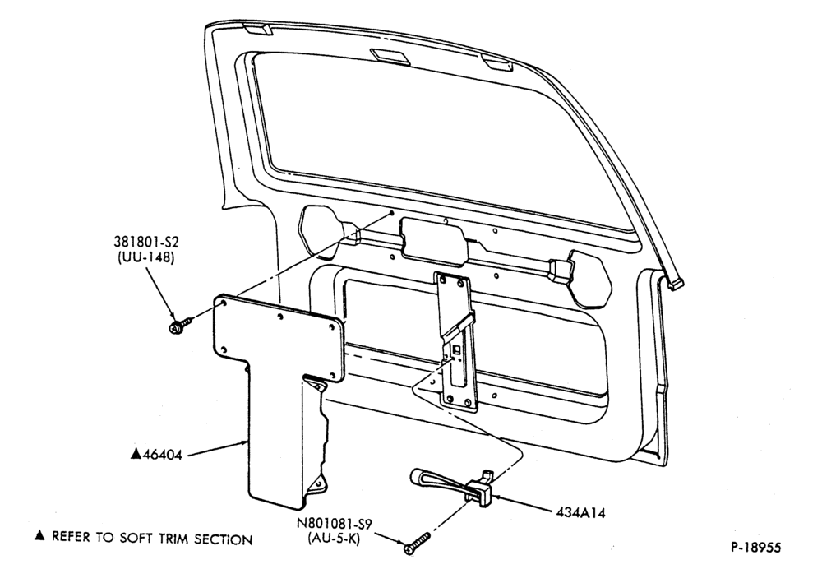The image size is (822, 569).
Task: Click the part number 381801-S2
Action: click(146, 243)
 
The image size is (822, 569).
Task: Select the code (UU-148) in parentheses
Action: click(146, 258)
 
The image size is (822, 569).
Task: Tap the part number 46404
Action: click(163, 455)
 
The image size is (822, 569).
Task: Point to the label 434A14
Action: click(581, 512)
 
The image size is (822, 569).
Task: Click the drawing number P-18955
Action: click(756, 548)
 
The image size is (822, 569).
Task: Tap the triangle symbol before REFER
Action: click(39, 535)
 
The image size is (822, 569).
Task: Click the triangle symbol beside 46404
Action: click(136, 454)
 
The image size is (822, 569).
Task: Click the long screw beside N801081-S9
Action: click(417, 543)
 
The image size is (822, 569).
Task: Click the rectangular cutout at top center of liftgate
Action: click(390, 56)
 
